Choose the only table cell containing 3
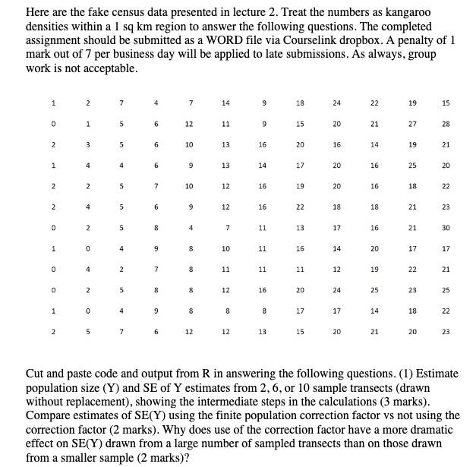click(x=87, y=144)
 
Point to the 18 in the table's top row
click(x=301, y=103)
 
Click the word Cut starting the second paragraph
click(x=36, y=375)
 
